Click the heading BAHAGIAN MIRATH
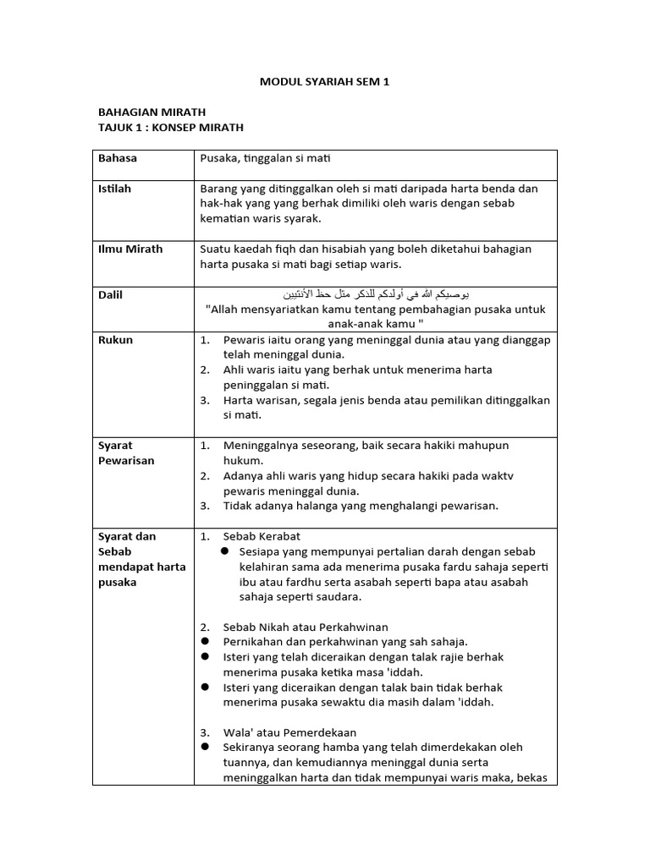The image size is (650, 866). tap(151, 112)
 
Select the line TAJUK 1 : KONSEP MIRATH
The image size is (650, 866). tap(171, 127)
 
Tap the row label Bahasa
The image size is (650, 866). tap(118, 158)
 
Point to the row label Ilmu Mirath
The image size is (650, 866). tap(130, 249)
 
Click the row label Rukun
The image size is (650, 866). tap(115, 340)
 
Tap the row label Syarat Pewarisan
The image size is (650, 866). tap(127, 452)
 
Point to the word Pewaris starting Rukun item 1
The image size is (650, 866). tap(244, 340)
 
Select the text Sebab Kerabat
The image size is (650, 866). tap(262, 536)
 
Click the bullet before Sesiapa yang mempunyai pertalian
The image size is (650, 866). tap(226, 551)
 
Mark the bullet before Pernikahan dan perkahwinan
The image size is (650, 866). tap(205, 642)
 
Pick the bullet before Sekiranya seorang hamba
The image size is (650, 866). tap(205, 748)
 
